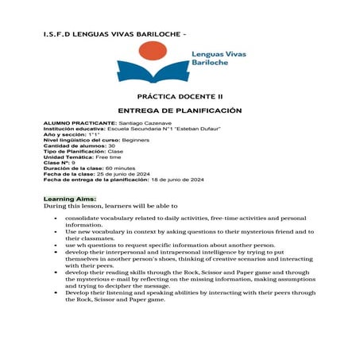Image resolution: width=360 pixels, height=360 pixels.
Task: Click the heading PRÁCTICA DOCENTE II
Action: [x=179, y=95]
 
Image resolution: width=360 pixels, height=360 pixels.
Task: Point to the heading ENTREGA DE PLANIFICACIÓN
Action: [x=179, y=110]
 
